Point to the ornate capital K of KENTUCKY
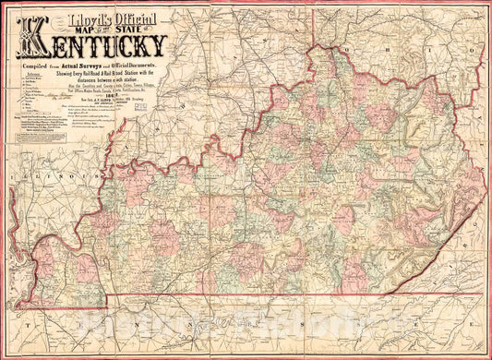pyautogui.click(x=41, y=47)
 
